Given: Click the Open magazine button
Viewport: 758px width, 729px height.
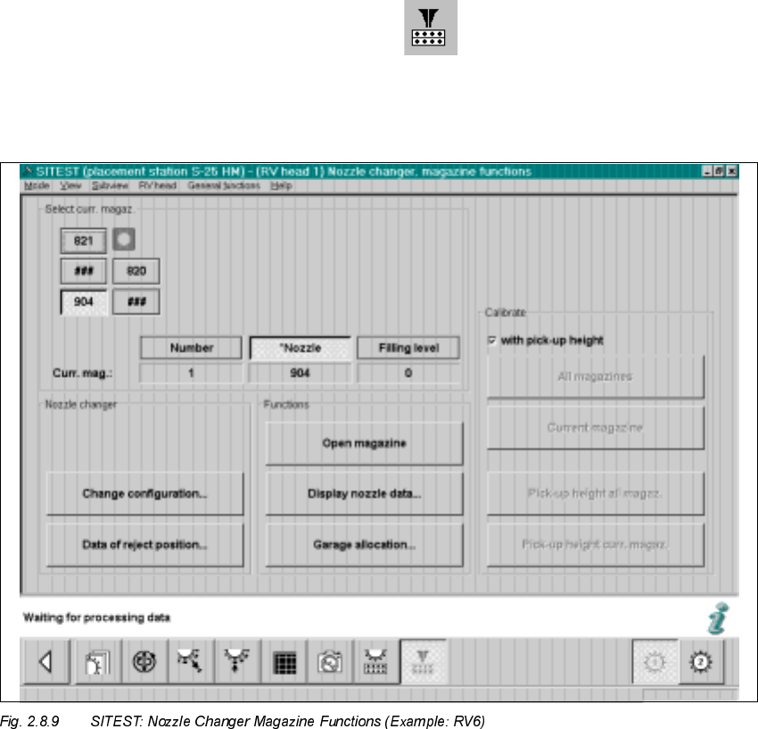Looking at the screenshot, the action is (x=364, y=443).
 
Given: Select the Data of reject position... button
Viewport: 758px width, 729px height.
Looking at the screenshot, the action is (x=144, y=545).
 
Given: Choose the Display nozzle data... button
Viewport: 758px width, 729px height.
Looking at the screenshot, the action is (x=364, y=494).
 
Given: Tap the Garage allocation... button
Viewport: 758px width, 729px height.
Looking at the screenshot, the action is (x=364, y=545).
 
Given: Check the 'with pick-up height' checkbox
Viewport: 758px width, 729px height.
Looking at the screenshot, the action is (x=492, y=340).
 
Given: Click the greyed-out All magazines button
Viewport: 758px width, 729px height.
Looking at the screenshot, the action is (x=595, y=376).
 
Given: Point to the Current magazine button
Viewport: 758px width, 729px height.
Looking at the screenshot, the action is (x=595, y=428).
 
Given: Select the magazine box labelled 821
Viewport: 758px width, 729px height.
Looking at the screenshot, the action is (x=83, y=241).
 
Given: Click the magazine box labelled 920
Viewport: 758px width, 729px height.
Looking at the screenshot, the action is (x=136, y=271).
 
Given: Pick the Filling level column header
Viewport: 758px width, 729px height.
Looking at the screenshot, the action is (x=408, y=348).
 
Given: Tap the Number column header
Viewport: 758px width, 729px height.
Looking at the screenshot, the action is (x=191, y=348).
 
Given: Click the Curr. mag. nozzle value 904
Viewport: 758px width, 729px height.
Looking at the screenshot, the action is (x=300, y=373).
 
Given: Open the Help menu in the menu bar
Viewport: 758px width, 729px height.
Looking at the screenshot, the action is (x=281, y=186).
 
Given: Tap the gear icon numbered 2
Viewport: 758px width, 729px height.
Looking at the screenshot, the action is (x=700, y=663).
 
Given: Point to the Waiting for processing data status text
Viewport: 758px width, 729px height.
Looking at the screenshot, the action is (x=97, y=618).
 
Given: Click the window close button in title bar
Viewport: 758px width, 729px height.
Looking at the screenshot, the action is (x=731, y=170).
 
